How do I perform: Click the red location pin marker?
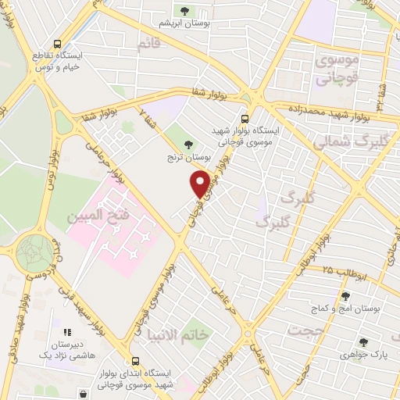pyautogui.click(x=200, y=184)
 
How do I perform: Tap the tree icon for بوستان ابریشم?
pyautogui.click(x=185, y=11)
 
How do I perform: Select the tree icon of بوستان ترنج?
pyautogui.click(x=187, y=143)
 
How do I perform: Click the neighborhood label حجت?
pyautogui.click(x=304, y=330)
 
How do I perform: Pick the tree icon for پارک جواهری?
pyautogui.click(x=362, y=341)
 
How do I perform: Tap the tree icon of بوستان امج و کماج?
pyautogui.click(x=345, y=296)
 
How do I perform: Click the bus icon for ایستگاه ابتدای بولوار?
pyautogui.click(x=137, y=362)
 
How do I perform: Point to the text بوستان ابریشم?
pyautogui.click(x=185, y=24)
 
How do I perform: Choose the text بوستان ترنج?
pyautogui.click(x=187, y=158)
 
